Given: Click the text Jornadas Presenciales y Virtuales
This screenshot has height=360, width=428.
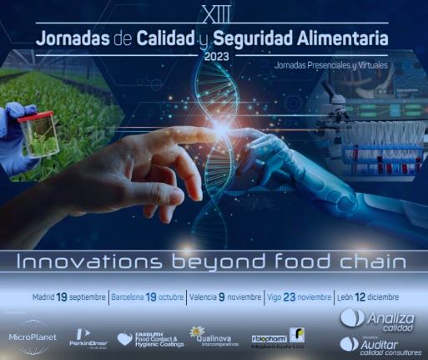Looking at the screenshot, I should [x=333, y=63].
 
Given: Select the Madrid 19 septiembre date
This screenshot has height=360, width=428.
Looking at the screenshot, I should [x=69, y=297].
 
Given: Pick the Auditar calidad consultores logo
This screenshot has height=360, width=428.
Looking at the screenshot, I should [x=380, y=344].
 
